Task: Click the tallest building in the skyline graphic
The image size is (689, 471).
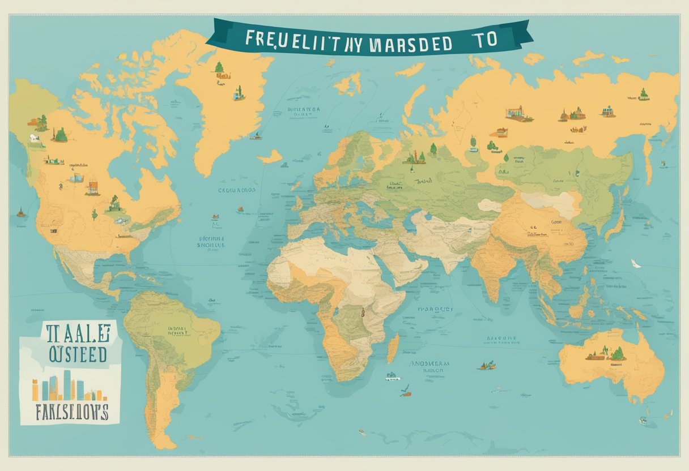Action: click(x=67, y=383)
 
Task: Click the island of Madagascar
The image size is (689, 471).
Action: click(x=393, y=348)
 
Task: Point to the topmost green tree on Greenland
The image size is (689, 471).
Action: click(x=219, y=67)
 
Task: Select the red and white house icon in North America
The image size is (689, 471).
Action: click(x=92, y=187)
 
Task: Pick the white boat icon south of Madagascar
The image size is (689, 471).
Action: click(x=392, y=376)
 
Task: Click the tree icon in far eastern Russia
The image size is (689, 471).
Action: click(x=644, y=93)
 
